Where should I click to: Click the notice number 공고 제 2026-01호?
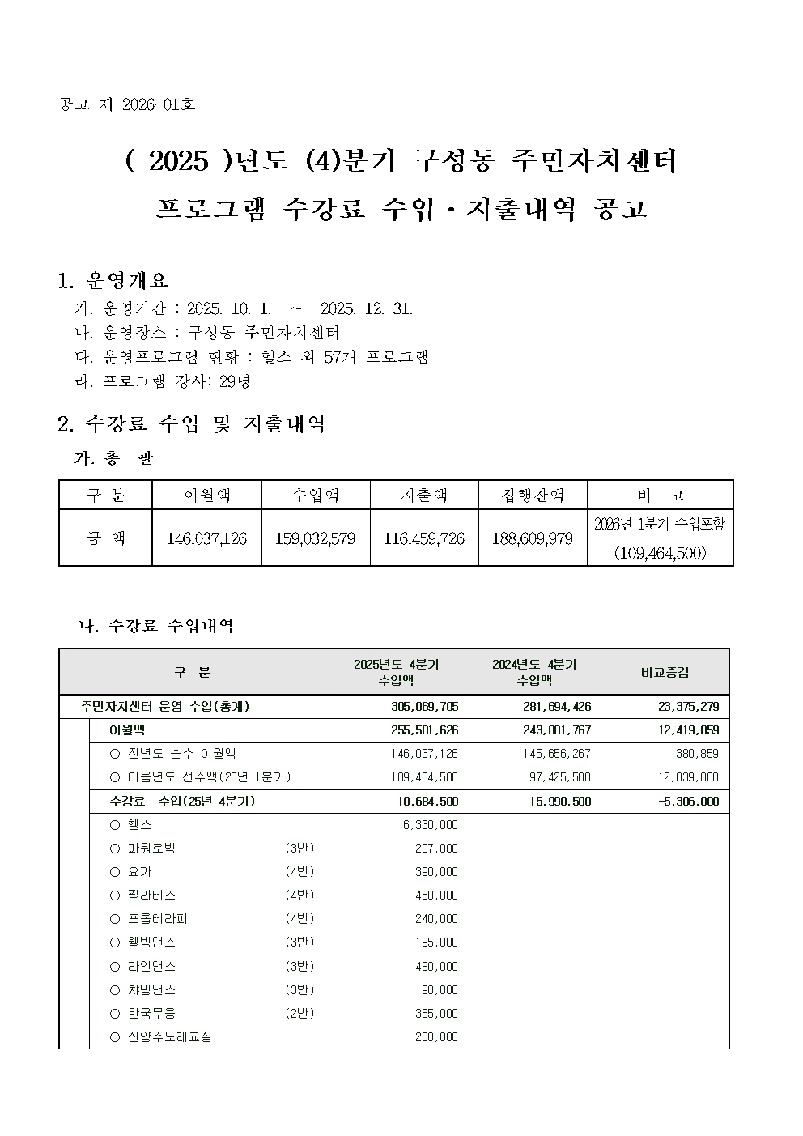coord(127,105)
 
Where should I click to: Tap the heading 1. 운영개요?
coord(113,281)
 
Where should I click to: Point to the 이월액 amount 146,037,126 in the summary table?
coord(206,538)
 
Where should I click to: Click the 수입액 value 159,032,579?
coord(315,538)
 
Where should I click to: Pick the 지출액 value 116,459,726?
coord(424,538)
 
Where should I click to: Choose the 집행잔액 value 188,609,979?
coord(532,538)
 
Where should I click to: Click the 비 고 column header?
coord(660,495)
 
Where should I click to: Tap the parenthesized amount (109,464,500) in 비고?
coord(660,553)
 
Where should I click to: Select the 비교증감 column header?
coord(665,672)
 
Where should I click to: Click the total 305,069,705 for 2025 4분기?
coord(424,707)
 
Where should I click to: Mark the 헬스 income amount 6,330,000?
coord(431,825)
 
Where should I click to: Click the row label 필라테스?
coord(151,896)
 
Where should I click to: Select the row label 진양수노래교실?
coord(169,1037)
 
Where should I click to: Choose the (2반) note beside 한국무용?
coord(300,1014)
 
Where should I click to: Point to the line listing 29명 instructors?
coord(162,381)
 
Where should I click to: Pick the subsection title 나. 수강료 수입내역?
coord(155,626)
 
